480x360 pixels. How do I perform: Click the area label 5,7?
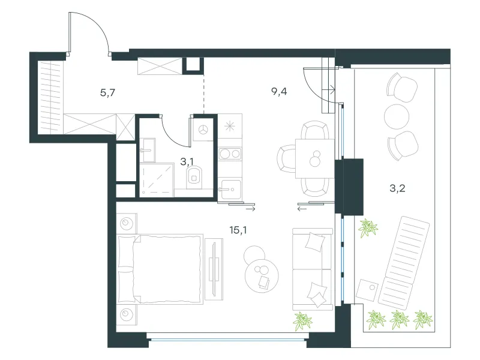point(107,92)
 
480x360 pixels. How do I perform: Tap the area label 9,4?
point(279,91)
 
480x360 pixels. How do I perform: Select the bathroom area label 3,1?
point(187,161)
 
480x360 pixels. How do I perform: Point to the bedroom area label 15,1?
point(238,230)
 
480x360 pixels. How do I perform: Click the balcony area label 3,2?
point(397,188)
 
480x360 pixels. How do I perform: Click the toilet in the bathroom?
point(194,177)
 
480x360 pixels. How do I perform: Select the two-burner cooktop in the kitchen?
point(230,154)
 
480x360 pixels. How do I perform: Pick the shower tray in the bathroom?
point(157,179)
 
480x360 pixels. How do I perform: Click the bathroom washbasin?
point(148,150)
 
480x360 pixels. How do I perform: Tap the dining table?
point(314,158)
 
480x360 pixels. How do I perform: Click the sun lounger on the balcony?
point(403,262)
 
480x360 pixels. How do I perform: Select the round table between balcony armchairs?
point(397,116)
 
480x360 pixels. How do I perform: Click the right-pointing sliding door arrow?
point(250,209)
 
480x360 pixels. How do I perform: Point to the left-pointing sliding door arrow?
point(302,209)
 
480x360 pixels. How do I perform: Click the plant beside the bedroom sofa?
point(302,322)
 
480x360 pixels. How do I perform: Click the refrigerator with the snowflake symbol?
point(230,126)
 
